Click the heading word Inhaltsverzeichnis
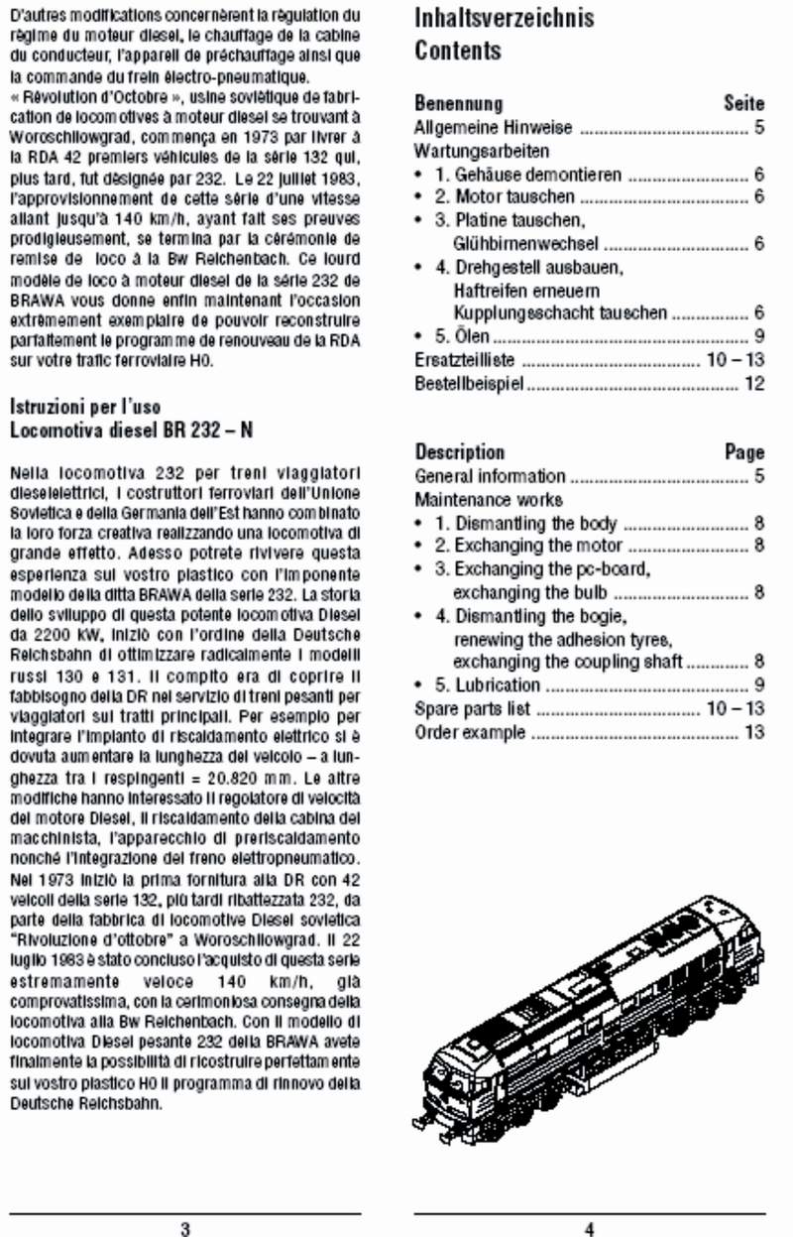(x=504, y=18)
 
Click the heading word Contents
(x=458, y=51)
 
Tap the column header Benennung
(x=458, y=103)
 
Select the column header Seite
(x=744, y=103)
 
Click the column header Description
(x=459, y=452)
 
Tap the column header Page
(x=744, y=452)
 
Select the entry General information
(x=490, y=476)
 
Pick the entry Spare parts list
(x=472, y=709)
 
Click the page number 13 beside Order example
(x=755, y=734)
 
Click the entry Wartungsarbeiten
(x=481, y=152)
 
